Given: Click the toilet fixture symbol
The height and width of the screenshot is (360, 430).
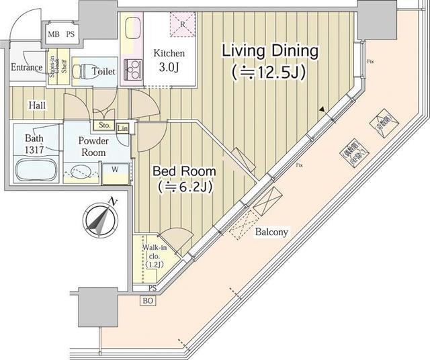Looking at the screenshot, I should [x=79, y=71].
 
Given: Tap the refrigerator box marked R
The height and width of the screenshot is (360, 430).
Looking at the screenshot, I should [x=183, y=24].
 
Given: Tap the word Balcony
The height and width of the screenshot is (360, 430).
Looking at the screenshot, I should [x=271, y=232].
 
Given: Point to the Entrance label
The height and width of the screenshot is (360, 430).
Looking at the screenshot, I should [x=27, y=67].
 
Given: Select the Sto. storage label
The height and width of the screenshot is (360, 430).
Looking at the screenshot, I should [x=104, y=125].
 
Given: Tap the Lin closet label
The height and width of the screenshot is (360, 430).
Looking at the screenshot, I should [x=123, y=128].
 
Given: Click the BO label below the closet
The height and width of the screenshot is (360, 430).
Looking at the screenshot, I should [x=148, y=301].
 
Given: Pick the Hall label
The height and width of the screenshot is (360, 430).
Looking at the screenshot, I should [x=38, y=105].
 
